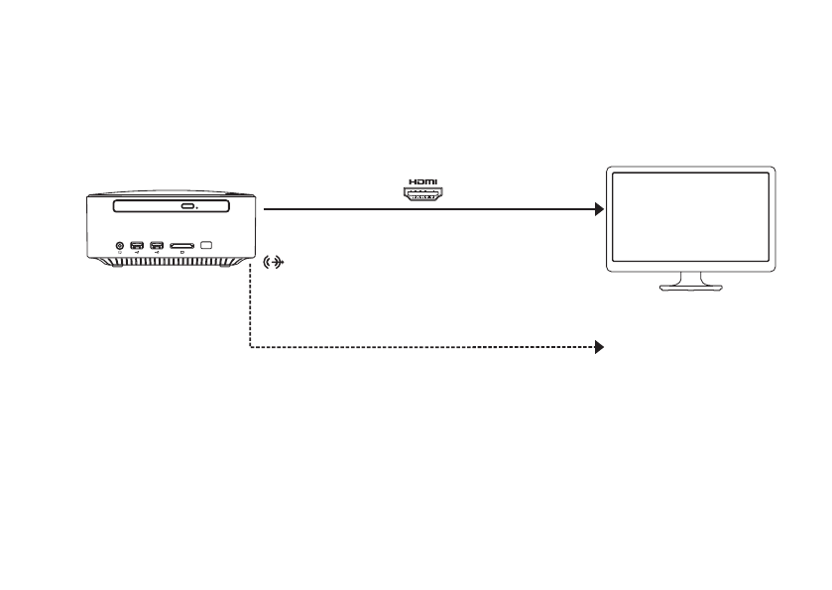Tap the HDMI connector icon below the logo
click(423, 195)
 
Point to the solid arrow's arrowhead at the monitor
click(598, 209)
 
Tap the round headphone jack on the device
click(120, 245)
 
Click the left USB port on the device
click(137, 245)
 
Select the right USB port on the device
click(157, 245)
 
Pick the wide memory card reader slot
click(181, 245)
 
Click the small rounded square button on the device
click(206, 245)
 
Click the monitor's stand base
click(691, 289)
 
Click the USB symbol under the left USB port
click(137, 254)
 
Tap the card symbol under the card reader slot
click(181, 254)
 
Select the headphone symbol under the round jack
click(120, 254)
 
